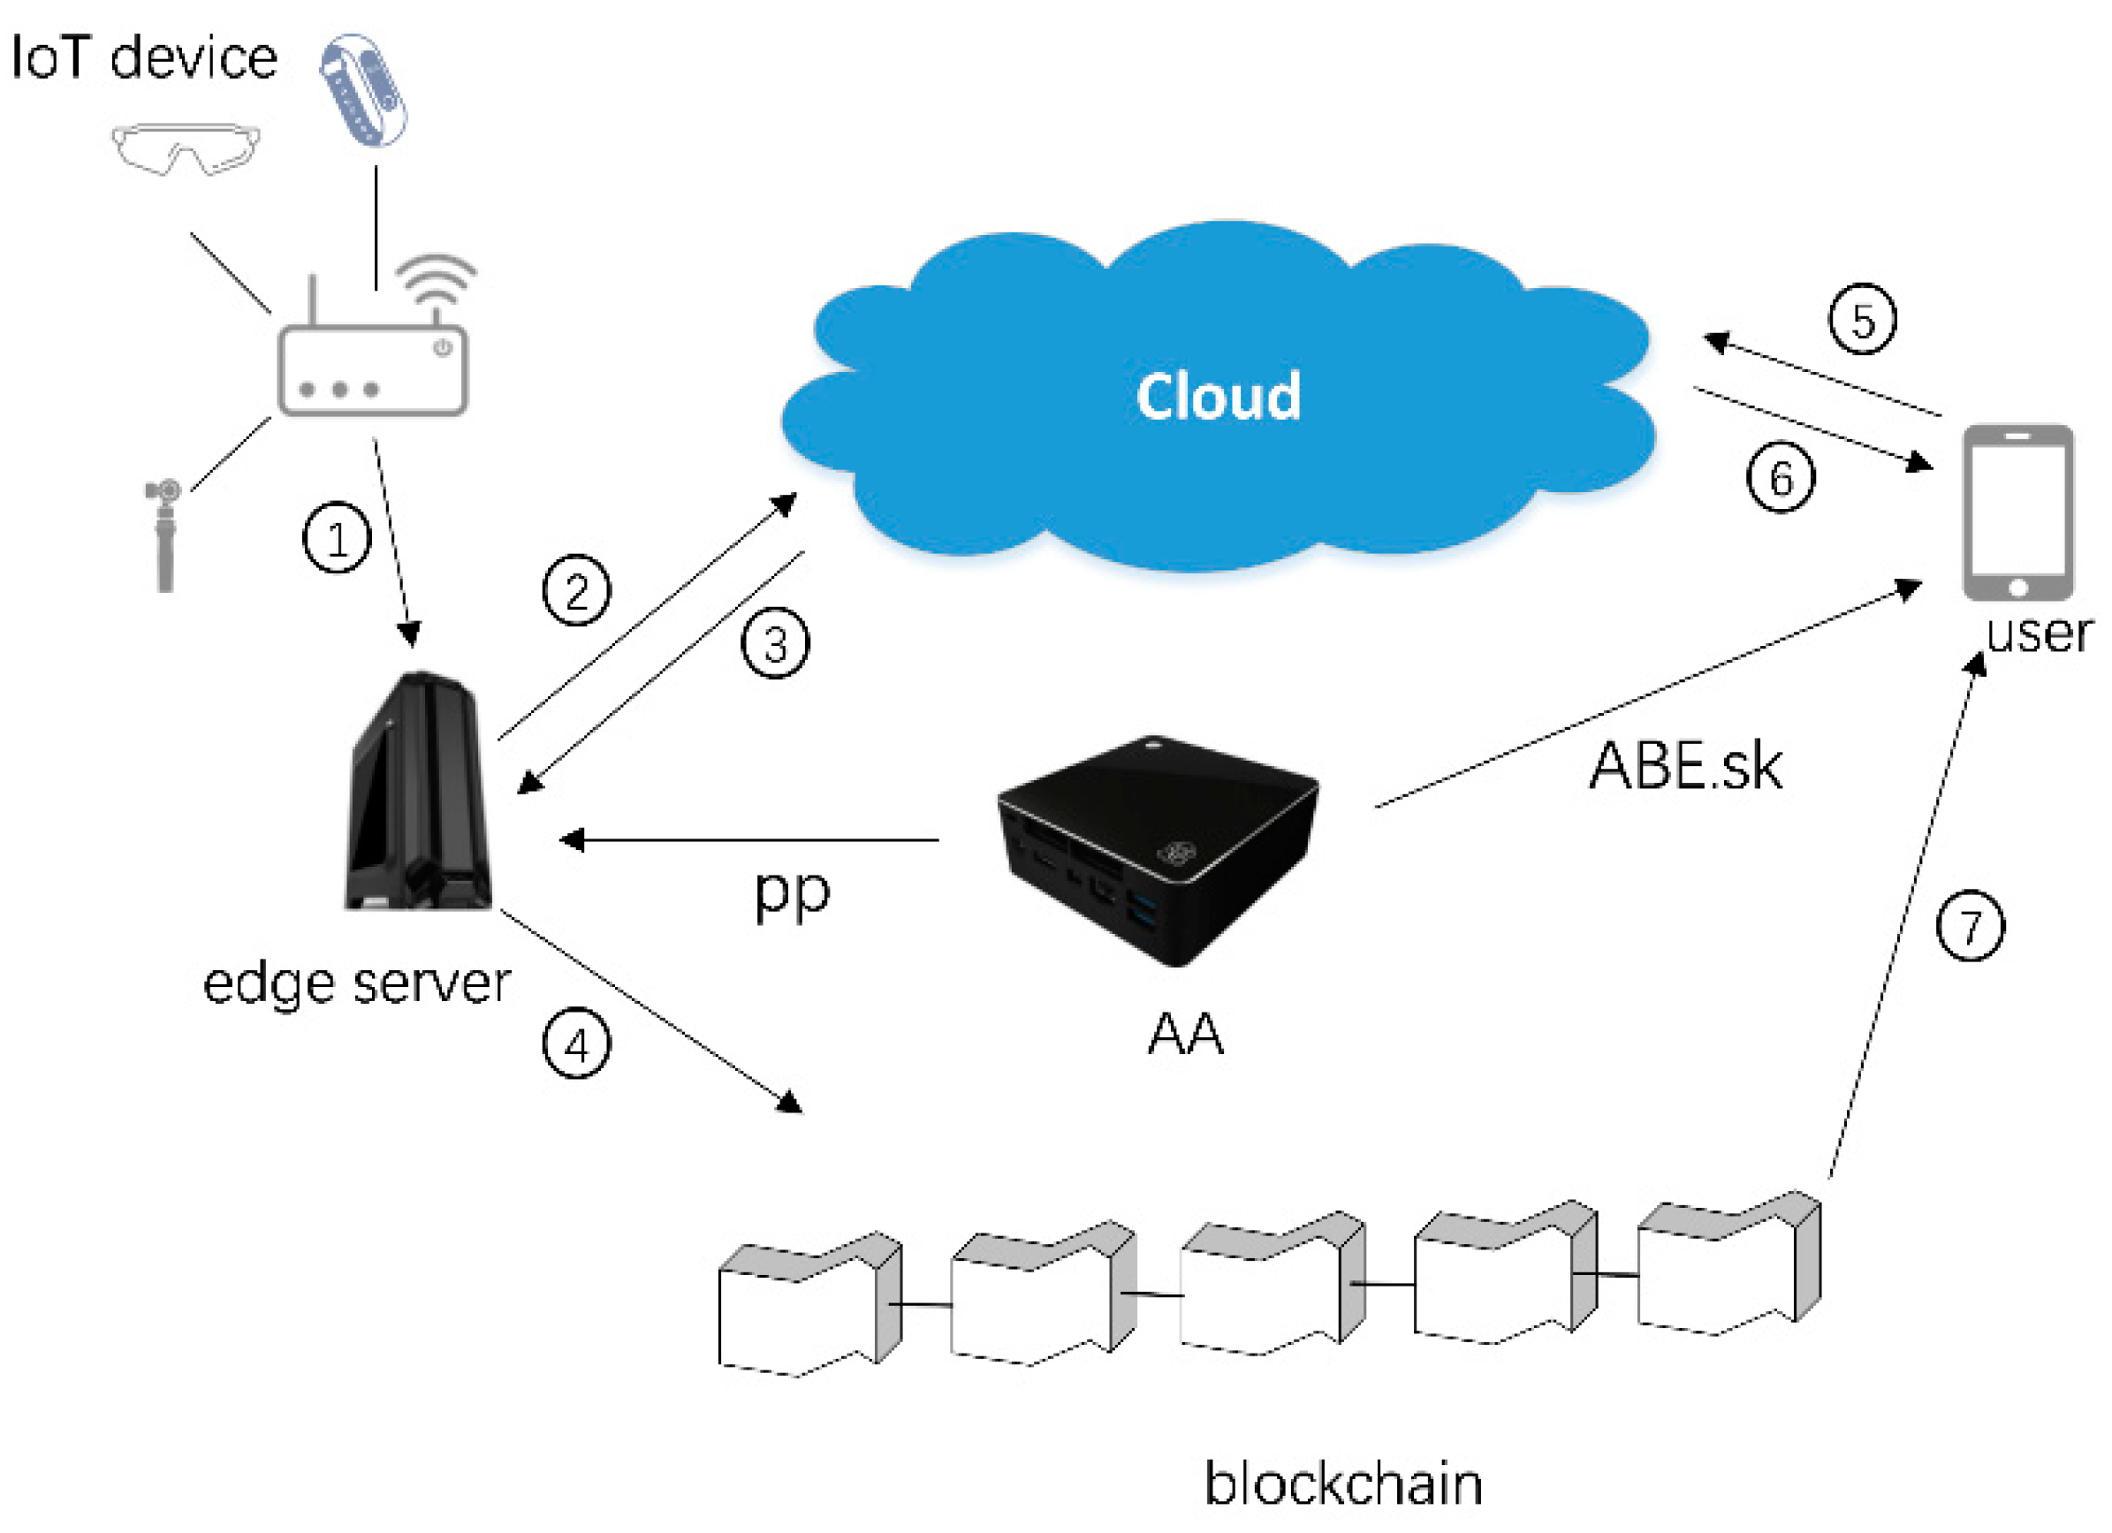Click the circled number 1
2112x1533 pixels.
point(337,538)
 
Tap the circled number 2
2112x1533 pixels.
point(576,591)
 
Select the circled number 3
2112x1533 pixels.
point(775,643)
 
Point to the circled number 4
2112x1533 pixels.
point(576,1045)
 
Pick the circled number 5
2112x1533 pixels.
point(1863,320)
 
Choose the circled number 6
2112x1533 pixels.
point(1780,478)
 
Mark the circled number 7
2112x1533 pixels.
point(1971,927)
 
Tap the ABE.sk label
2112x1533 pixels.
point(1684,767)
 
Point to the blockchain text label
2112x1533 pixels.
point(1343,1483)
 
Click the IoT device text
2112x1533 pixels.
point(144,57)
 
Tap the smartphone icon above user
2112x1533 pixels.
point(2018,513)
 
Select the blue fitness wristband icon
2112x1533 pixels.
point(363,90)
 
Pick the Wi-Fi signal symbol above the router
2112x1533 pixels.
point(436,279)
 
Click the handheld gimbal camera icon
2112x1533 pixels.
point(163,534)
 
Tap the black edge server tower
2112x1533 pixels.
point(417,793)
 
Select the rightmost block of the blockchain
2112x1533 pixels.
point(1728,1268)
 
